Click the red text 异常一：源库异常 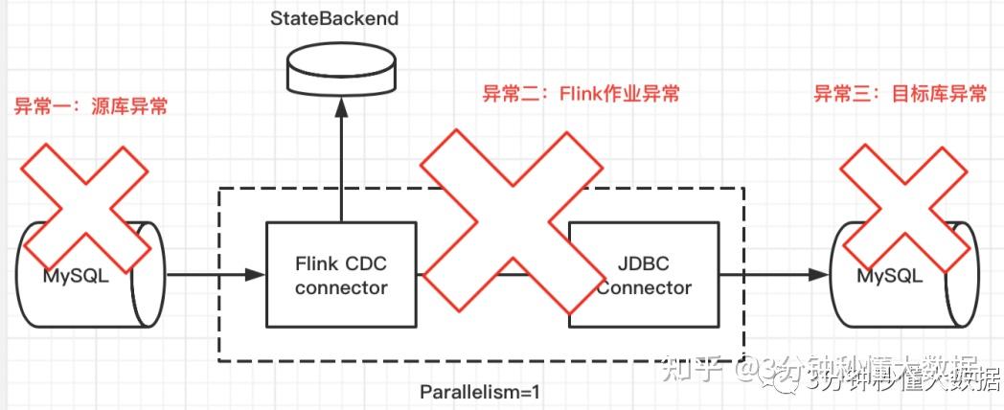coord(90,106)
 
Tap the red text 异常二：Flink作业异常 coord(580,94)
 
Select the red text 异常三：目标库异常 coord(900,94)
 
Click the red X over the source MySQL coord(85,206)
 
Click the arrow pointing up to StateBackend coord(341,153)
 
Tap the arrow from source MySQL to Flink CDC coord(216,276)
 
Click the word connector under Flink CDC coord(341,287)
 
